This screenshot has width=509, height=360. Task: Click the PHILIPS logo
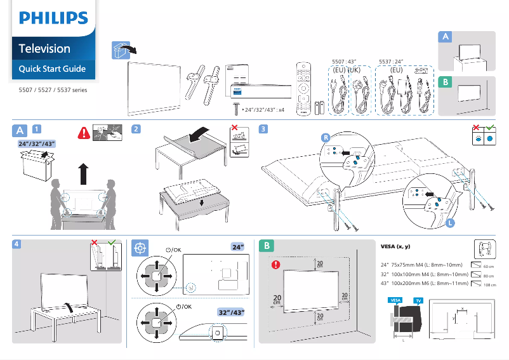tap(53, 17)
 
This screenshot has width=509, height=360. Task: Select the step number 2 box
tap(136, 130)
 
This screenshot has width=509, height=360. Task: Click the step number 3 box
tap(263, 130)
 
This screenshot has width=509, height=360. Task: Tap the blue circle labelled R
tap(326, 137)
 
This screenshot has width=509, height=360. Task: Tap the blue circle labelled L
tap(450, 223)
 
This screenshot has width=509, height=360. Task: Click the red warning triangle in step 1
tap(83, 133)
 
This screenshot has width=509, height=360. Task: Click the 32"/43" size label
tap(231, 312)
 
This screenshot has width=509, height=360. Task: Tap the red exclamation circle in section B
tap(274, 264)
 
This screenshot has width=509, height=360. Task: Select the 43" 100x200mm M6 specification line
tap(424, 284)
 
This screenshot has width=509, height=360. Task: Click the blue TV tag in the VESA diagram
tap(418, 300)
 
